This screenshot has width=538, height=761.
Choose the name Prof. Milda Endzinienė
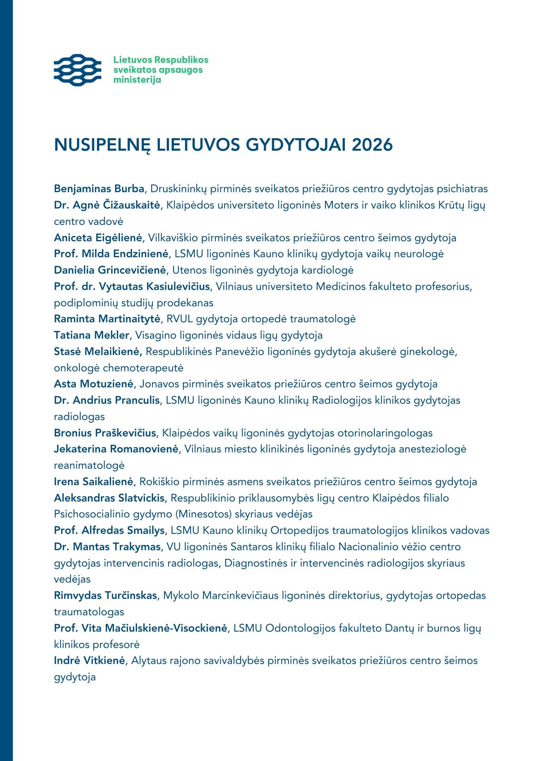tap(111, 254)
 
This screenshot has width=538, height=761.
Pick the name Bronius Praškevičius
tap(105, 433)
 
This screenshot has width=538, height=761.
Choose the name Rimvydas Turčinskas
tap(105, 595)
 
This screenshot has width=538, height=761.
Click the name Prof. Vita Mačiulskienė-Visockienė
tap(140, 628)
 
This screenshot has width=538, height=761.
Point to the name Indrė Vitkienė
tap(89, 661)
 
